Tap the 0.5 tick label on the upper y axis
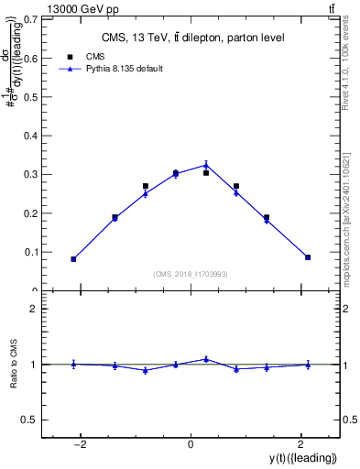(29, 96)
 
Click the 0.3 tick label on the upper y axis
(29, 174)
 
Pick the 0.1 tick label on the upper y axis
(29, 252)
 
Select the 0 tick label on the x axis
(191, 444)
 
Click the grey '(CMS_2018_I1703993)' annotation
(191, 274)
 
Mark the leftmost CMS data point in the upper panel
(73, 259)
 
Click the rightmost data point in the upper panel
(308, 257)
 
